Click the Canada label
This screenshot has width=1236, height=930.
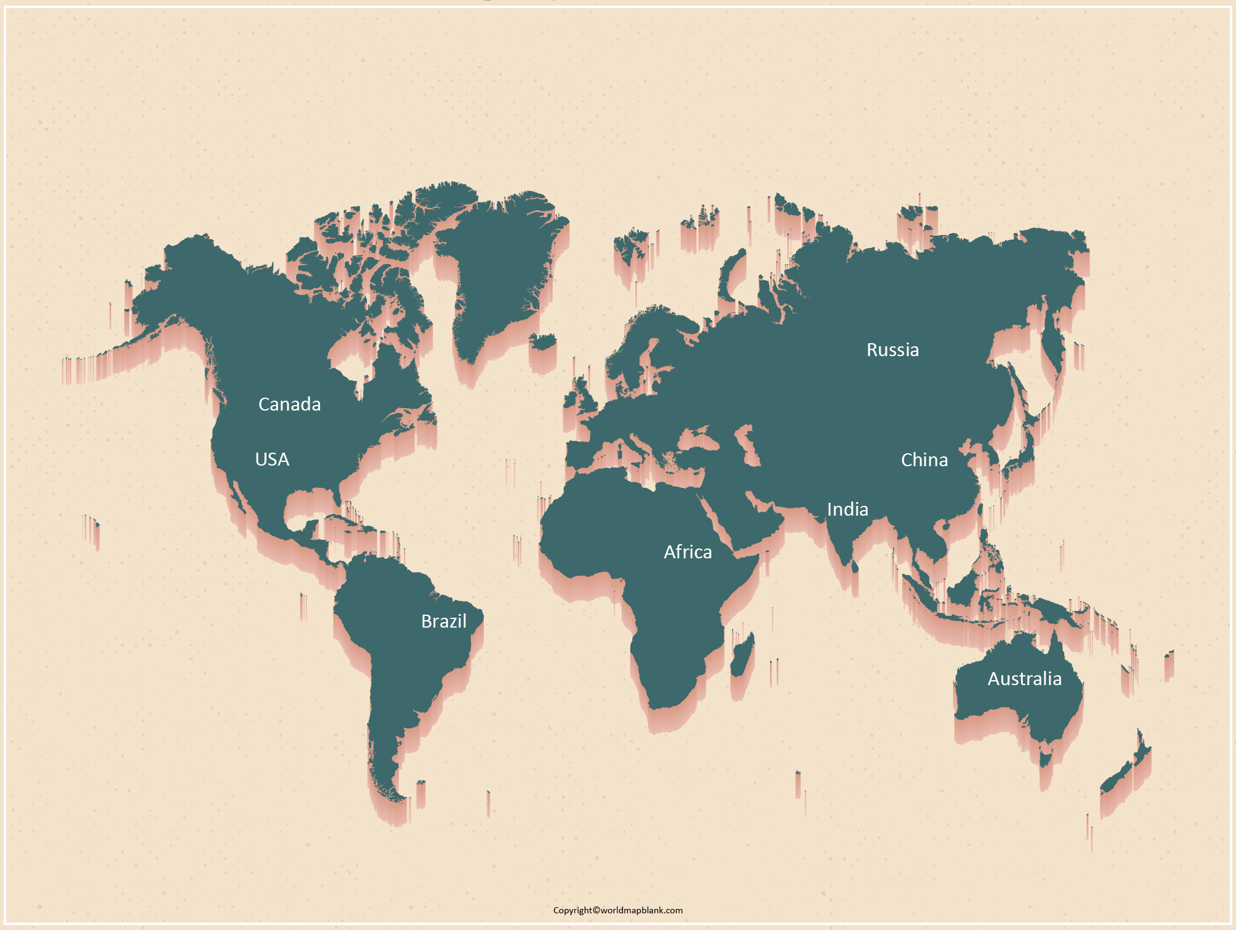(x=289, y=404)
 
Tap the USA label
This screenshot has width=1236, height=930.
(x=272, y=459)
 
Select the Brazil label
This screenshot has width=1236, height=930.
(x=444, y=621)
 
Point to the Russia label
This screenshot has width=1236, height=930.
(x=892, y=350)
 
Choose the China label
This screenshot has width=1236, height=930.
(x=924, y=460)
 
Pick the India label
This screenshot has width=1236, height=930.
(x=847, y=510)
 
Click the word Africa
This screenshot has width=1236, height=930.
(x=687, y=552)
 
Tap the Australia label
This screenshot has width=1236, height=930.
(x=1024, y=679)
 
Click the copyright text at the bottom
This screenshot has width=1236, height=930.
(x=617, y=910)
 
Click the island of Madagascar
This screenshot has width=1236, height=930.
(x=742, y=655)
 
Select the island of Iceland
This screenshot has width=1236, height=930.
(x=543, y=342)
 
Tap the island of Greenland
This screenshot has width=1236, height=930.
(x=501, y=266)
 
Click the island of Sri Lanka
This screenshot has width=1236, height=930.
(x=855, y=566)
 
